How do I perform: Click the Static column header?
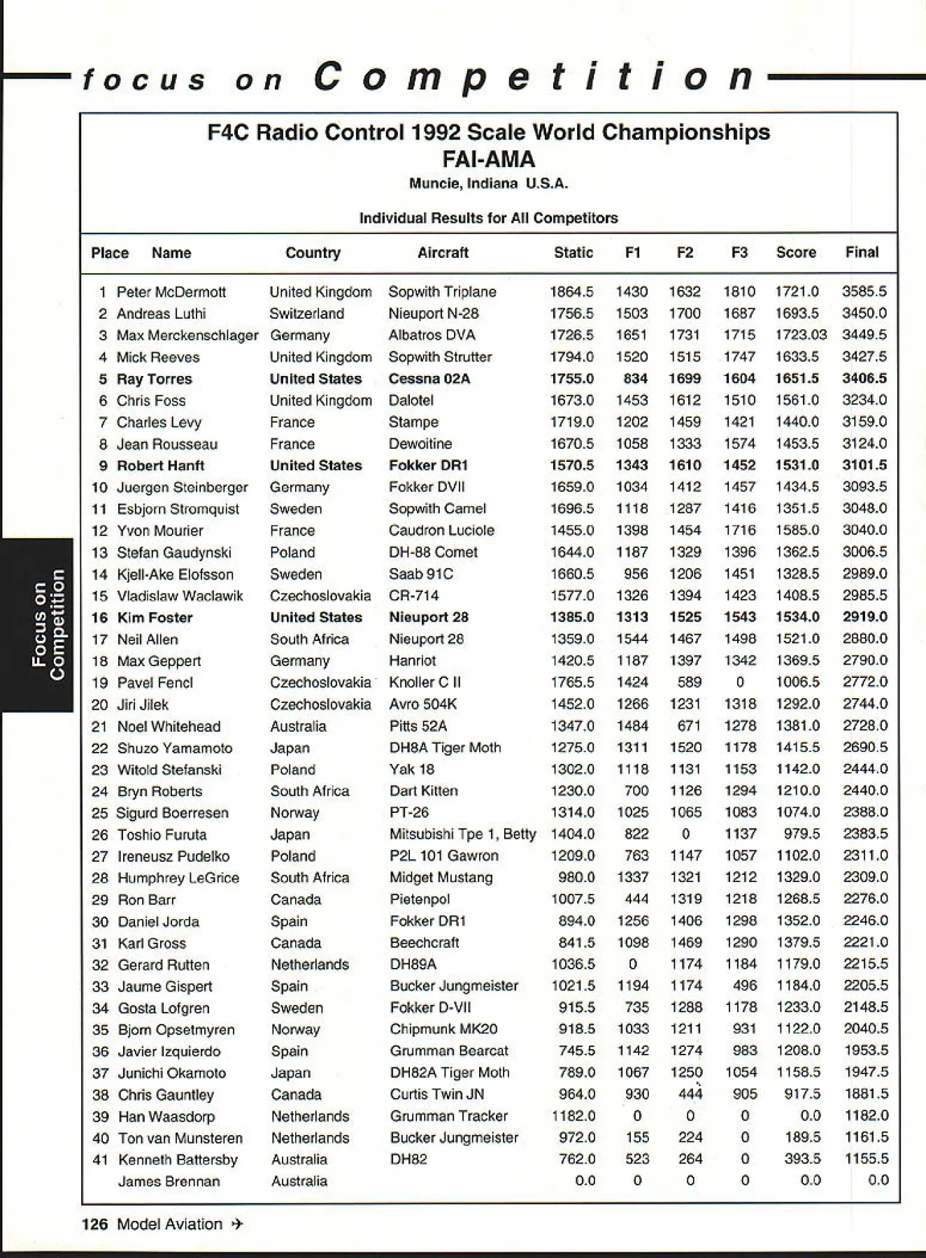pos(573,253)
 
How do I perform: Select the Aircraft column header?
pos(443,253)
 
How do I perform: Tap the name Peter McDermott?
pos(171,292)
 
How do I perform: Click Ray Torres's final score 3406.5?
pos(864,379)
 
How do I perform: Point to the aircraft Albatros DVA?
pos(432,335)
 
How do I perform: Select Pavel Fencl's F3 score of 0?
pos(740,682)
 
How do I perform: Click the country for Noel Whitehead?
pos(298,726)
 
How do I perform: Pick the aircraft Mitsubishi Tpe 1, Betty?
pos(462,834)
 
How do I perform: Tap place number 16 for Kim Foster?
pos(100,618)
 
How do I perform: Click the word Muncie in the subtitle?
pos(434,184)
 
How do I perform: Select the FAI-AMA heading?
pos(488,159)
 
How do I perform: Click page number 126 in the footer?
pos(94,1224)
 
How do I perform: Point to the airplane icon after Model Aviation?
pos(237,1224)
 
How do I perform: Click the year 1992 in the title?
pos(436,132)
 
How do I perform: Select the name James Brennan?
pos(169,1181)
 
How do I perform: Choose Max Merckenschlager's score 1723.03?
pos(800,335)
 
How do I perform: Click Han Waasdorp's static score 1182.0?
pos(573,1116)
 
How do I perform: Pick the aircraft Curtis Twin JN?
pos(436,1094)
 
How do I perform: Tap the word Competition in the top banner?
pos(535,77)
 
